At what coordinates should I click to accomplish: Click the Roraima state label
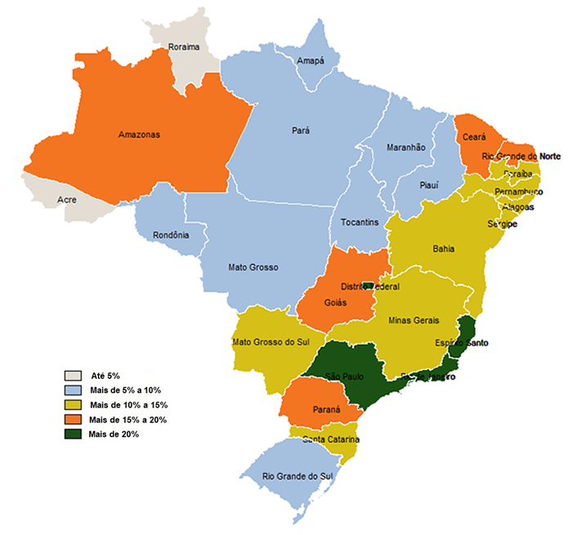(183, 47)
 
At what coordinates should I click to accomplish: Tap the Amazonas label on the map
(139, 134)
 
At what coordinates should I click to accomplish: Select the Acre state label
(67, 199)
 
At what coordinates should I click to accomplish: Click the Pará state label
(301, 130)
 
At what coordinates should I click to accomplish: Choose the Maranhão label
(406, 147)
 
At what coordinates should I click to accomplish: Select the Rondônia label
(171, 235)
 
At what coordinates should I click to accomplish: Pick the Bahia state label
(444, 248)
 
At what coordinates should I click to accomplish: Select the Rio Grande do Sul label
(298, 475)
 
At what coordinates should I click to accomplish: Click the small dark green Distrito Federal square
(368, 285)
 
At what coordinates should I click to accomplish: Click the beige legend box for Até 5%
(74, 376)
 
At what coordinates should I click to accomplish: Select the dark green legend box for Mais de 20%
(74, 434)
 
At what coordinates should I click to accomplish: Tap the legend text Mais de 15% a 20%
(129, 420)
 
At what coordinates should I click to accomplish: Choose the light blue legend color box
(74, 390)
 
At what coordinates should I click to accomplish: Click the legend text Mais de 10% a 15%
(129, 405)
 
